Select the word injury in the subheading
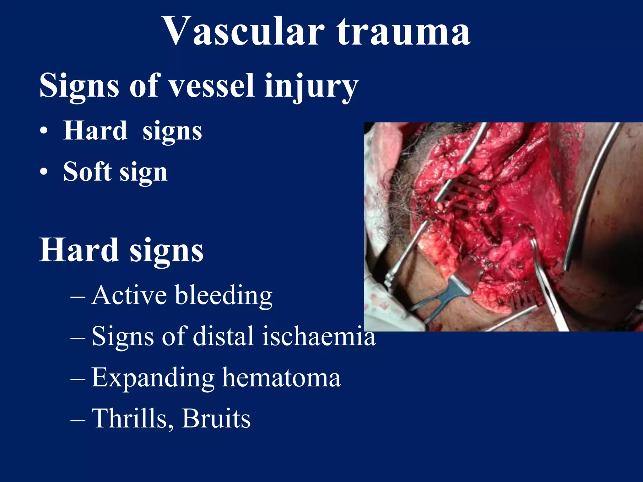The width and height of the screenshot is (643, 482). coord(311,86)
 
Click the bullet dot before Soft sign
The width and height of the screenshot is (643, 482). coord(44,172)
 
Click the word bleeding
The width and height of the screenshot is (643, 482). coord(224,296)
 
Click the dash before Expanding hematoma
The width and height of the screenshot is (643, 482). coord(78,378)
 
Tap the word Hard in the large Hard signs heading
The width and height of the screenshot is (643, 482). coord(79,250)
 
